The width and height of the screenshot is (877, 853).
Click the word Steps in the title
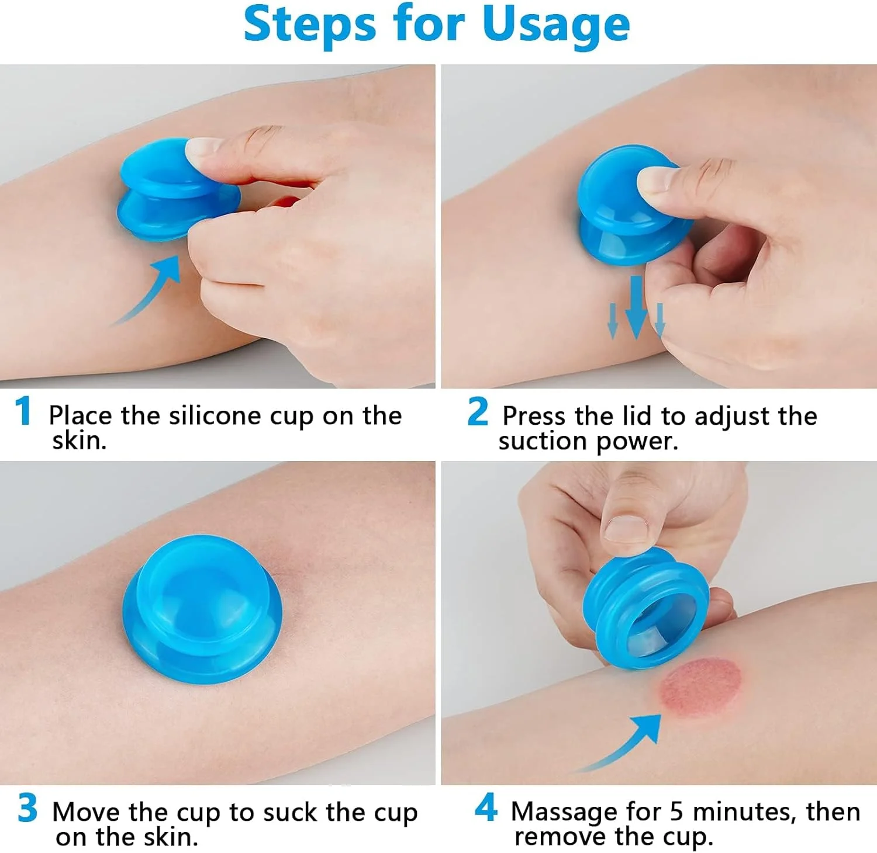click(x=309, y=24)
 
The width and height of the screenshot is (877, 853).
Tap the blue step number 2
click(x=478, y=411)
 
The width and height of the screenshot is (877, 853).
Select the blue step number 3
click(x=27, y=808)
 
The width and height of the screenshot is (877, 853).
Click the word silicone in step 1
click(x=215, y=416)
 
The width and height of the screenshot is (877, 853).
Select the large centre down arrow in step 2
click(x=636, y=308)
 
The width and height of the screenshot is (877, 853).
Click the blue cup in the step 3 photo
click(x=203, y=608)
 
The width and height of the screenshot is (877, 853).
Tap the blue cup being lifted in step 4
click(x=645, y=608)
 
